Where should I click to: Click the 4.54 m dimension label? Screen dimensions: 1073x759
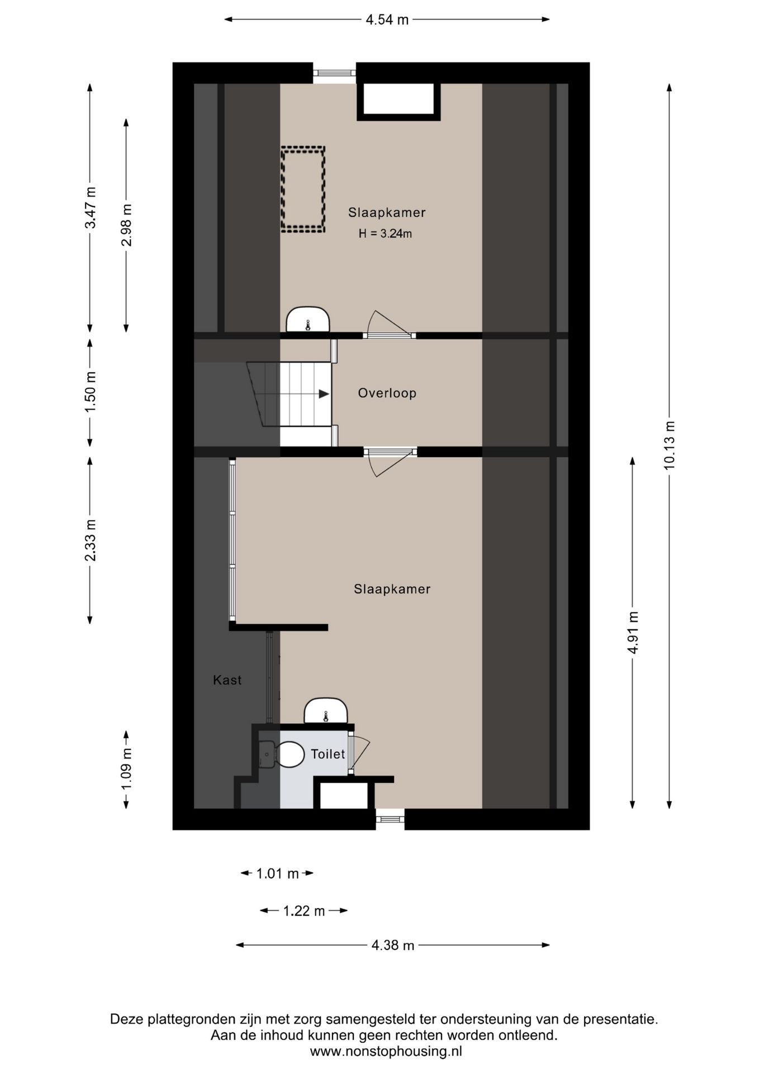click(x=387, y=20)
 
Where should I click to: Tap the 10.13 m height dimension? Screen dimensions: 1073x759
click(x=669, y=445)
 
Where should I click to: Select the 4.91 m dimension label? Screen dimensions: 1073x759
click(x=633, y=632)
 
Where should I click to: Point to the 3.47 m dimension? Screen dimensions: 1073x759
click(x=90, y=207)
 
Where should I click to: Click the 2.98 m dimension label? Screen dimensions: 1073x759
click(x=126, y=225)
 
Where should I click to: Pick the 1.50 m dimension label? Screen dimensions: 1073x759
click(x=90, y=392)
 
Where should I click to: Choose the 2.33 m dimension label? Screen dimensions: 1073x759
click(x=90, y=540)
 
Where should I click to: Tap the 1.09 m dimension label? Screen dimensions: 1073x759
click(x=126, y=769)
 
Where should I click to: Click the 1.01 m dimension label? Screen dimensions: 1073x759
click(x=277, y=873)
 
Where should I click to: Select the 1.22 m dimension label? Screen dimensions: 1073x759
click(x=303, y=911)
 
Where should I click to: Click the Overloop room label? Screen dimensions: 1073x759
click(x=387, y=393)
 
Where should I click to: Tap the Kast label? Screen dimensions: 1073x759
click(x=227, y=680)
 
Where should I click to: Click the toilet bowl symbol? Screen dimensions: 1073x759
click(x=290, y=754)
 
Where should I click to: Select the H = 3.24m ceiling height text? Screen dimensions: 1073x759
click(x=385, y=234)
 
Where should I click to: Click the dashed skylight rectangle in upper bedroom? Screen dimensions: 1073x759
click(x=303, y=189)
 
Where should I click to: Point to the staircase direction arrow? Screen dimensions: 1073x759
click(x=323, y=394)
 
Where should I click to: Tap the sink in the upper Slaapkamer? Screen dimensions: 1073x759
click(x=307, y=320)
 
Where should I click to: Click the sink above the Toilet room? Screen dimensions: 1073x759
click(x=325, y=711)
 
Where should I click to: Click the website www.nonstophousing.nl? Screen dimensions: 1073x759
click(x=386, y=1051)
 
